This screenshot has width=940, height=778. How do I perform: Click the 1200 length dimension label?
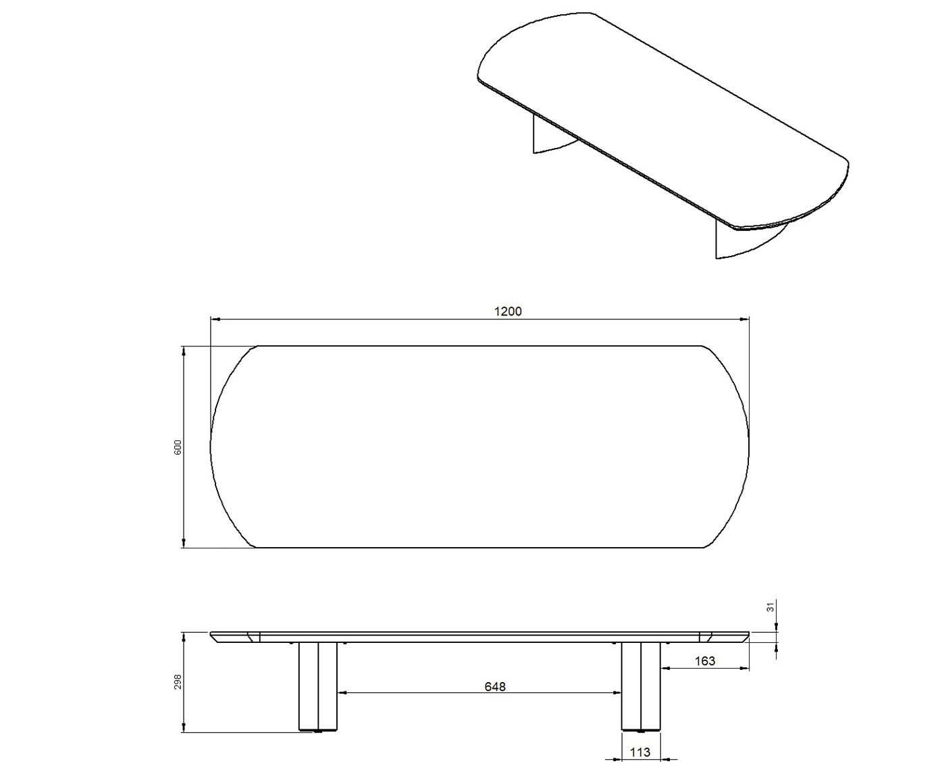click(508, 311)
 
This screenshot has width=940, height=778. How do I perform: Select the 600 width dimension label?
click(178, 446)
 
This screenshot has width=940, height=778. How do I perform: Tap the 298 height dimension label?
click(178, 681)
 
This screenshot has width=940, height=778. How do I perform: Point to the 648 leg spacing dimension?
click(495, 687)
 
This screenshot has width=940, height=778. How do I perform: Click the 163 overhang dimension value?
click(704, 661)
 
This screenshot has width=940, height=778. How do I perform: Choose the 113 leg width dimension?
click(639, 752)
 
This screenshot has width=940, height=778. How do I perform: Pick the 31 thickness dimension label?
click(771, 607)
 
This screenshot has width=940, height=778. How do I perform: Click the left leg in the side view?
click(318, 686)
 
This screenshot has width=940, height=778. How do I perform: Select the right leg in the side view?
click(641, 686)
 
